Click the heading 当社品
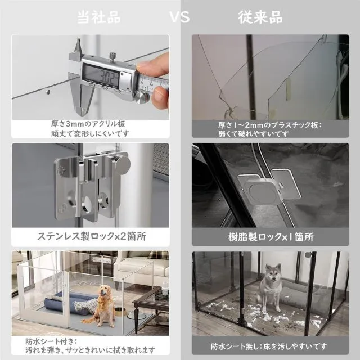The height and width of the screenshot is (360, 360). [x=99, y=17]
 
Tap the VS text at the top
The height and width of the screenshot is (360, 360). [x=179, y=17]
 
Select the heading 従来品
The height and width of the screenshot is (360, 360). [x=260, y=17]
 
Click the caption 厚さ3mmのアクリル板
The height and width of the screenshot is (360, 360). [x=88, y=124]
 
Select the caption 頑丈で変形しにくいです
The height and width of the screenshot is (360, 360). [x=90, y=133]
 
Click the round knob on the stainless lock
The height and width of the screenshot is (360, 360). [x=122, y=164]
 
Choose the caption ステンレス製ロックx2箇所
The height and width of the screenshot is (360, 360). [x=92, y=236]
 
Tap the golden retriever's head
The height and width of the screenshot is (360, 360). [x=105, y=291]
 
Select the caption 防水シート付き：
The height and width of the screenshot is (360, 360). [x=51, y=341]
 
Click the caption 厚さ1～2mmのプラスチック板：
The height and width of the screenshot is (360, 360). [x=270, y=125]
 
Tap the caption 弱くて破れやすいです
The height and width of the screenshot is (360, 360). [x=254, y=134]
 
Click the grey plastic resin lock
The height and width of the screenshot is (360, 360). [x=268, y=186]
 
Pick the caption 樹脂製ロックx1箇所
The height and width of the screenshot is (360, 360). [x=271, y=237]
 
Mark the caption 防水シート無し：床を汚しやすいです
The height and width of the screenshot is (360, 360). [x=269, y=346]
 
